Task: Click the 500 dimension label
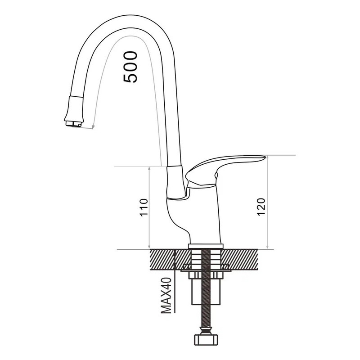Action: (x=130, y=67)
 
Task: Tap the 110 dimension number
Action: (x=144, y=207)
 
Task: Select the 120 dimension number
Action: (x=261, y=207)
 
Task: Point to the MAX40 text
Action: (x=166, y=296)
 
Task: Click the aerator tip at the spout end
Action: (x=73, y=123)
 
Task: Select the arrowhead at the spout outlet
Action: (x=93, y=127)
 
